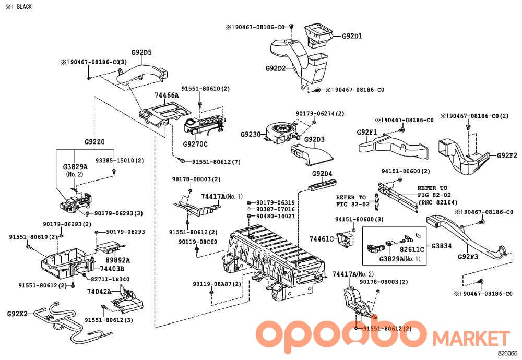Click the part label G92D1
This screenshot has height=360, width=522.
point(352,36)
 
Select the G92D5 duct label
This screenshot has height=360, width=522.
point(141,52)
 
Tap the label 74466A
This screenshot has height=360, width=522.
point(167,95)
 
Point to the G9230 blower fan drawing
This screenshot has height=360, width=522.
point(280,133)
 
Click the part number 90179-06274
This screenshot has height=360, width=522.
point(315,113)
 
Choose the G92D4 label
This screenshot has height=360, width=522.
point(322,174)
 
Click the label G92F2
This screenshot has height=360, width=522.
point(507,155)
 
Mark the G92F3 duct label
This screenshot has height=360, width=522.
point(468,257)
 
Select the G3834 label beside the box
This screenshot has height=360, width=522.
point(442,246)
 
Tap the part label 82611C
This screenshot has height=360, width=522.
point(412,249)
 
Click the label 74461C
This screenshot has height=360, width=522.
point(321,239)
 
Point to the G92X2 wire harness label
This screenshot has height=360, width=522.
point(17,314)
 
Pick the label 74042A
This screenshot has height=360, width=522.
point(99,292)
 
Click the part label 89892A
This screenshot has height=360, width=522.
point(118,260)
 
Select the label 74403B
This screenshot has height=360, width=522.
point(112,269)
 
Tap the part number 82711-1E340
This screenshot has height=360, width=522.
point(110,279)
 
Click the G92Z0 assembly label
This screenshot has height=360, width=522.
point(94,142)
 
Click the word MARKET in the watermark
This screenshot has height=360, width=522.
point(471,338)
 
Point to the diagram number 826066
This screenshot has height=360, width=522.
point(507,353)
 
